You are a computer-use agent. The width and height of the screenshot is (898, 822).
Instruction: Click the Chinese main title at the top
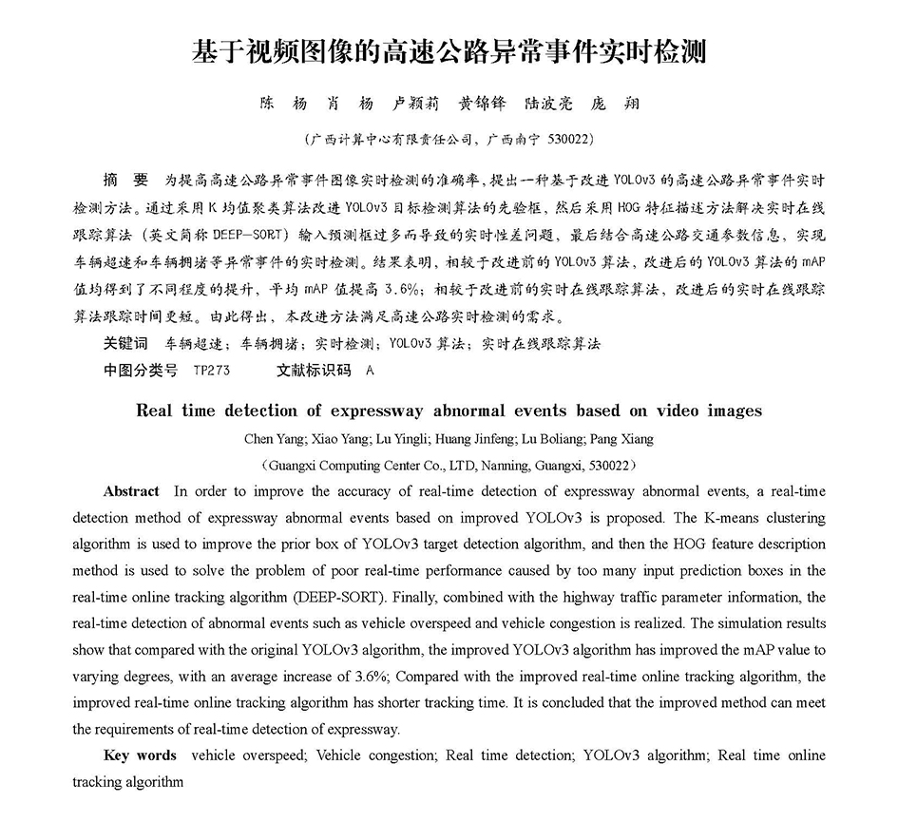tap(449, 51)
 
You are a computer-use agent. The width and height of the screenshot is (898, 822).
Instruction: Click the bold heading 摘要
tap(125, 179)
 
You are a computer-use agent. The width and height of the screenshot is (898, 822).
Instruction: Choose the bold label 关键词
tap(125, 343)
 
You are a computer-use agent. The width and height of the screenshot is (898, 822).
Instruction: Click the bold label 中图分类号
tap(140, 370)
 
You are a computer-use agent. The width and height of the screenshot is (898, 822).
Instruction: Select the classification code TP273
tap(211, 371)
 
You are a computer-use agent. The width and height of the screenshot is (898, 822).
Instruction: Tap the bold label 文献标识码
tap(313, 370)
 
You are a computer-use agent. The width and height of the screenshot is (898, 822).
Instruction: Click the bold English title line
tap(449, 411)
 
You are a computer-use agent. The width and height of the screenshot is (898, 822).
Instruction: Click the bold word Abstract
tap(131, 491)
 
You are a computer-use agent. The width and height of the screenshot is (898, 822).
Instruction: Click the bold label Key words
tap(140, 755)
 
